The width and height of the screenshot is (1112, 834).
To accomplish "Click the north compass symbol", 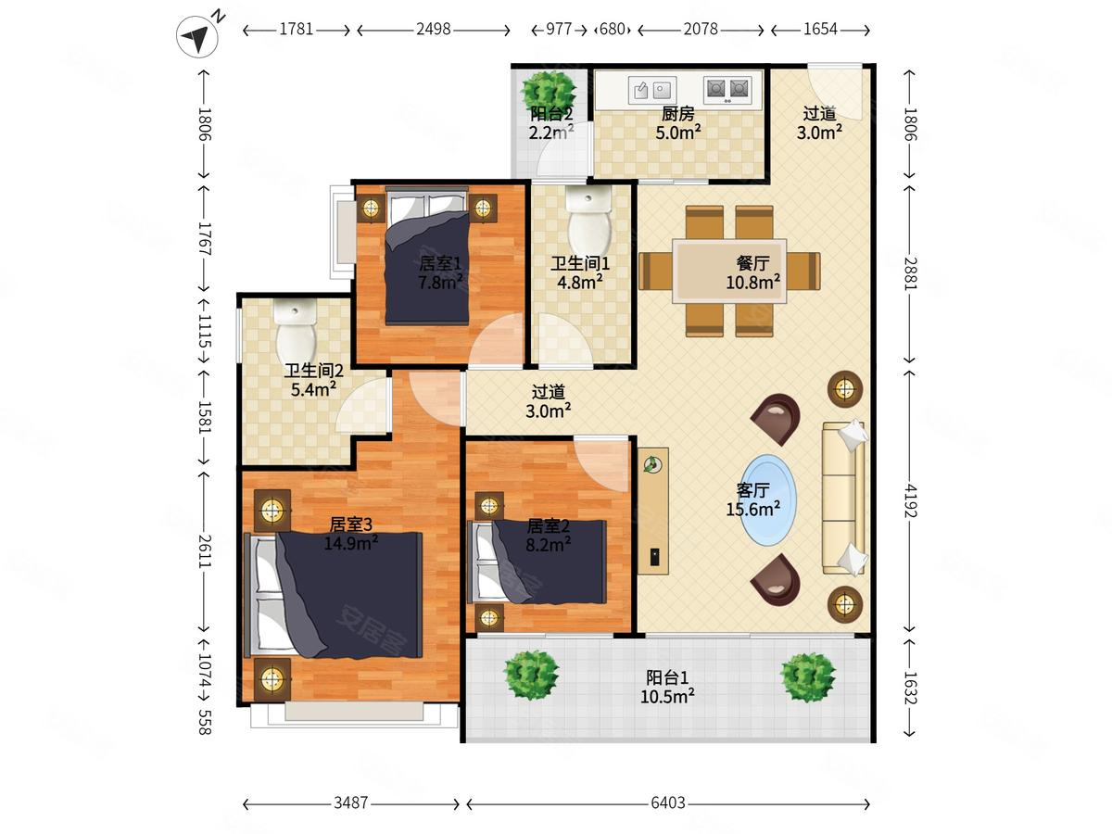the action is coord(198,35).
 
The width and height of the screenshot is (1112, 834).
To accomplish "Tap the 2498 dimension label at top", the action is coord(433,30).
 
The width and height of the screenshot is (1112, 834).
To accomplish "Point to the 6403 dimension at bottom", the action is coord(668,802).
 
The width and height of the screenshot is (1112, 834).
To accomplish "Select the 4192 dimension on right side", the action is coord(910,500).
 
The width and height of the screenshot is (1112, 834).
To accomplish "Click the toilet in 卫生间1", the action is coord(588,220).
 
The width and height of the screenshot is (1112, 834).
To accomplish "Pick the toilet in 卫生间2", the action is coord(296,330).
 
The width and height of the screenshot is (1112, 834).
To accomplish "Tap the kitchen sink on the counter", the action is coord(652,91).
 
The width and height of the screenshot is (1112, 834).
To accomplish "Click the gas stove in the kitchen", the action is coord(727,90).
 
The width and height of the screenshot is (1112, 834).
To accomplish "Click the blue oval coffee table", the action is coord(768,499).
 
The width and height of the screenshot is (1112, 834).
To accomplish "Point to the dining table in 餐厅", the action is coord(729,271).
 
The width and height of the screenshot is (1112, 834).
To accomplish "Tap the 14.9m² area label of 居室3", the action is coord(351,543).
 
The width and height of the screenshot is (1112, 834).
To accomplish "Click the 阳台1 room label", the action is coord(667,677).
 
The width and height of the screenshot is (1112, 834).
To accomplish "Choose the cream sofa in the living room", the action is coord(844,498).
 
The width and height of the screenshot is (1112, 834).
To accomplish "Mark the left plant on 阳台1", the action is coord(531,675).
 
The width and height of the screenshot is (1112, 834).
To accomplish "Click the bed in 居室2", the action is coord(539,562).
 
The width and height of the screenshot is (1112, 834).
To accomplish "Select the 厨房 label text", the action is coord(677,113).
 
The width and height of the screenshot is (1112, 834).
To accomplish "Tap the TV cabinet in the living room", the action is coord(653,511).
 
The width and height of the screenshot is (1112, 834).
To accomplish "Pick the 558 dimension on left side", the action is coord(204,722).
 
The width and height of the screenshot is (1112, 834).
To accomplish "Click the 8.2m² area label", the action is coord(549,545).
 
